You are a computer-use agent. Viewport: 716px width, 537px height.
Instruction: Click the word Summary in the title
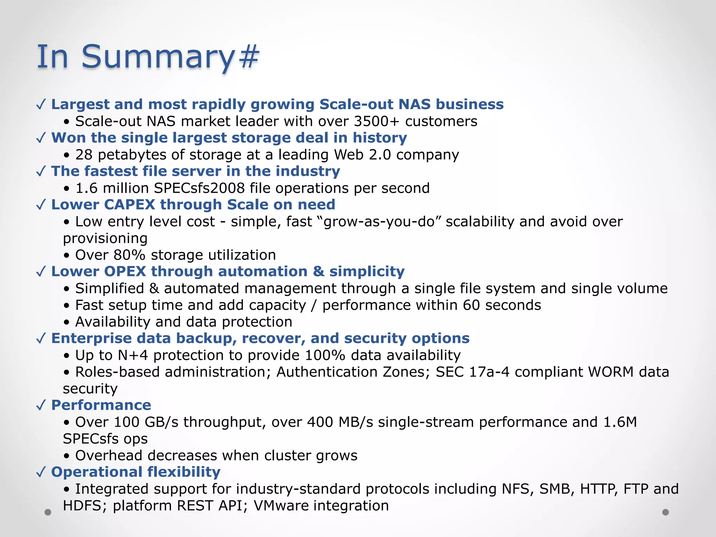(157, 57)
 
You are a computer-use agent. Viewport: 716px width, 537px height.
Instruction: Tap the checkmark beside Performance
(41, 406)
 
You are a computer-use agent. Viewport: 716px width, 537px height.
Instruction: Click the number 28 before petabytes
(84, 155)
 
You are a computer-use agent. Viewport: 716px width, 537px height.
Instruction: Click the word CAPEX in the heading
(129, 205)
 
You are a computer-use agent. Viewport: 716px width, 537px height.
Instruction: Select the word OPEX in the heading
(125, 272)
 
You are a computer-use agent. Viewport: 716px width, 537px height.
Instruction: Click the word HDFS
(82, 506)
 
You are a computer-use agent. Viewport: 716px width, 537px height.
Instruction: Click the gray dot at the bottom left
(48, 512)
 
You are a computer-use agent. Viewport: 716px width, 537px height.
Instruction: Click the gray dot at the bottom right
(666, 512)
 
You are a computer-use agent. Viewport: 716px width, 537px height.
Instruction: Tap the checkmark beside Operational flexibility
(41, 472)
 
